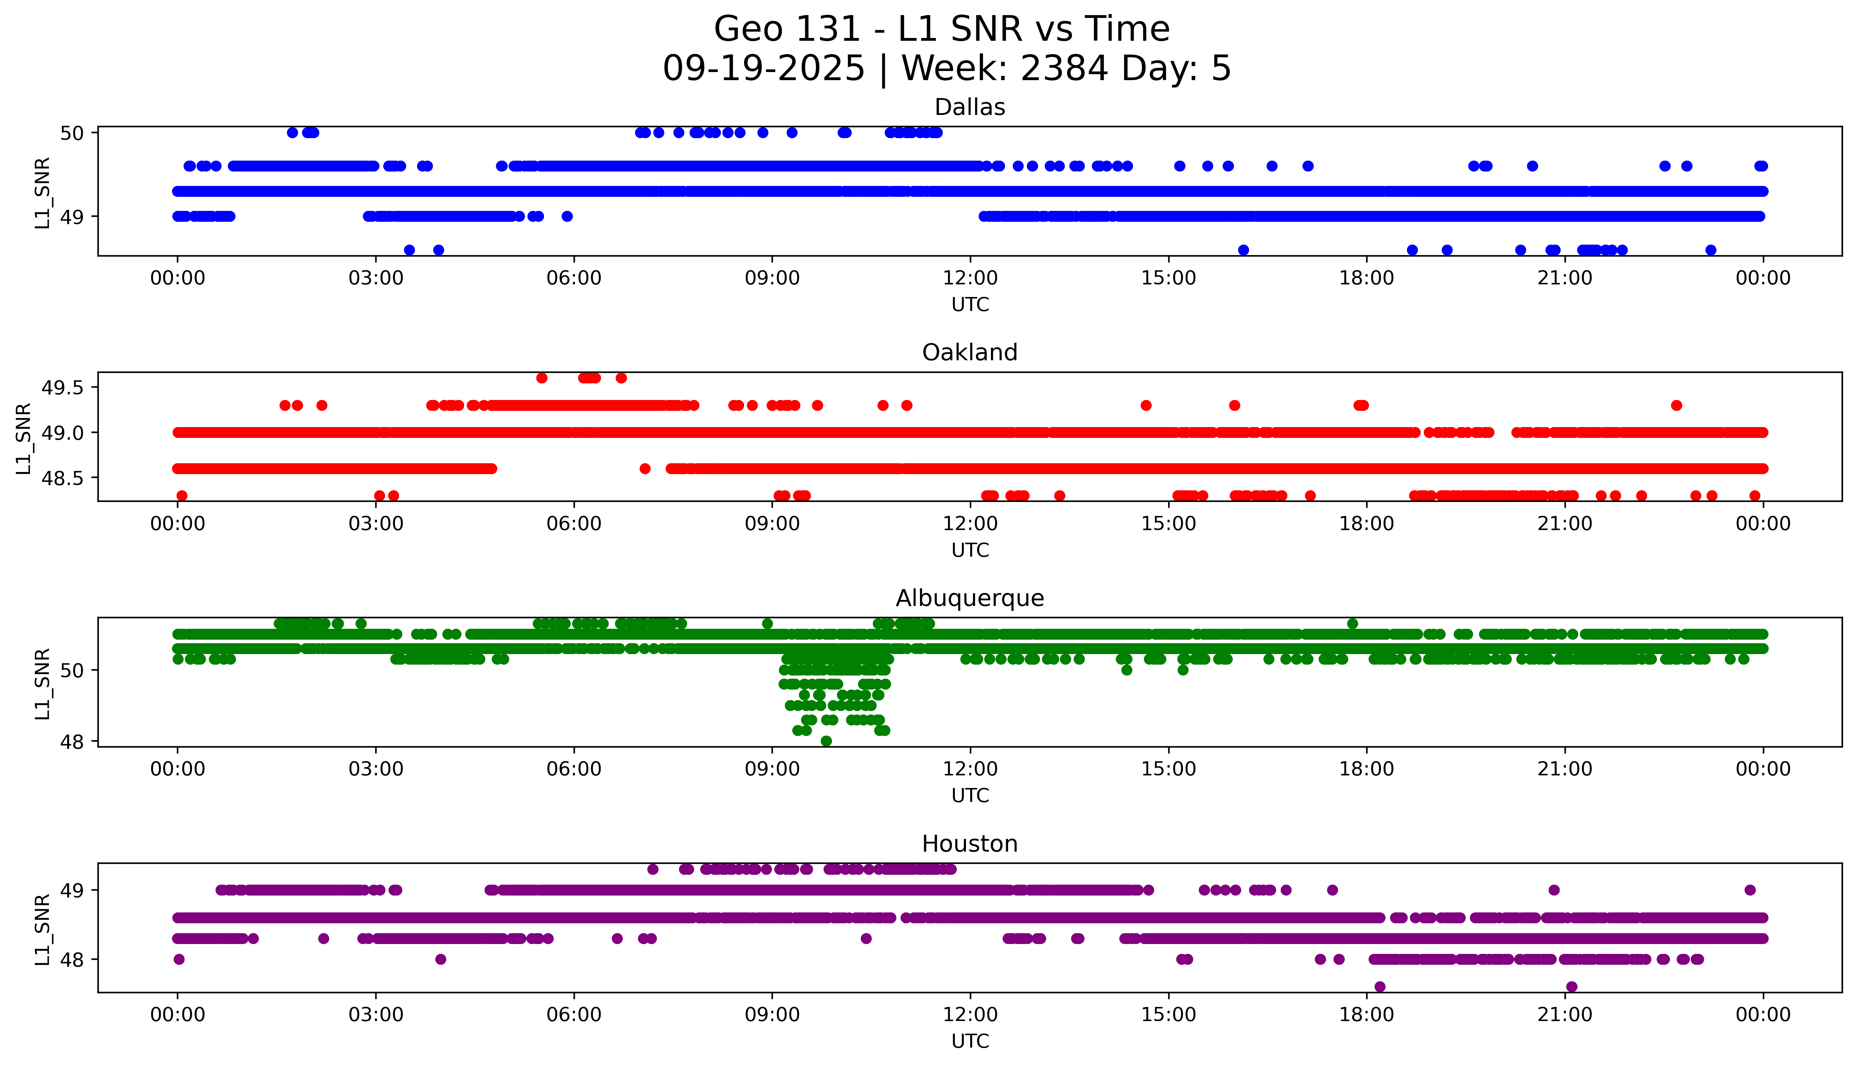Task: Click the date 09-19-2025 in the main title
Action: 763,69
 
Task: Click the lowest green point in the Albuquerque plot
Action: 826,741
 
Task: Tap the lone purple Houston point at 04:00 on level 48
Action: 440,959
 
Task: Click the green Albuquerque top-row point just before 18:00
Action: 1352,624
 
